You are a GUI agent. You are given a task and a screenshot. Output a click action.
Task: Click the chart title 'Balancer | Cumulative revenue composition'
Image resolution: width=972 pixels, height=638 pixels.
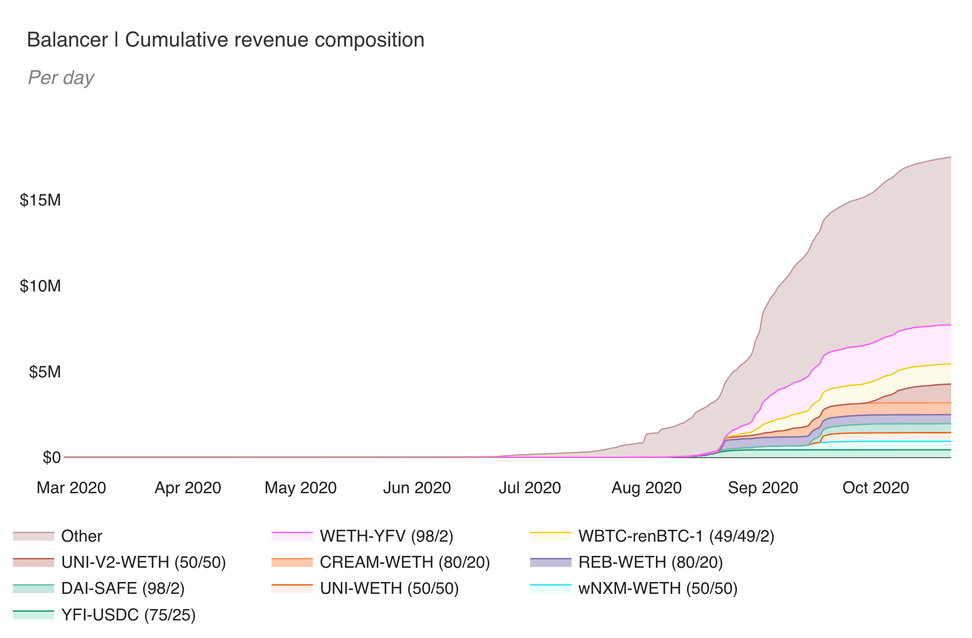[x=225, y=40]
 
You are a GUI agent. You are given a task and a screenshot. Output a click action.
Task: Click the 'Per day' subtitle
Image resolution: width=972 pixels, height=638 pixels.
[x=61, y=77]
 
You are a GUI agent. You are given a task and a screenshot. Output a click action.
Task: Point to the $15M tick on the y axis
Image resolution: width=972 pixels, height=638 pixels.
[x=40, y=200]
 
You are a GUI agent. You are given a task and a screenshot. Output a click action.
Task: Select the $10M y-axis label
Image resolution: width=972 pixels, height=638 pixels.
[x=40, y=286]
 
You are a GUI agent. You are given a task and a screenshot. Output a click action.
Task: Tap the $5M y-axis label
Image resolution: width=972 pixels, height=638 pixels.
[x=45, y=372]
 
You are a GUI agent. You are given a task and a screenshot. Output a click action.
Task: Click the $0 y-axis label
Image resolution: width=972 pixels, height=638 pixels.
[x=52, y=457]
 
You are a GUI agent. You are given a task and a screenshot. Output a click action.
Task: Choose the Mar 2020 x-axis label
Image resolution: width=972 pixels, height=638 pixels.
[x=71, y=488]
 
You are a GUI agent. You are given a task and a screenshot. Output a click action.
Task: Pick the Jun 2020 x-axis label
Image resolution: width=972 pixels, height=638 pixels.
[x=417, y=488]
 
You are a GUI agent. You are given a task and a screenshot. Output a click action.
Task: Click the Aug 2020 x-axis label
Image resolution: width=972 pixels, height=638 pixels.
[x=646, y=488]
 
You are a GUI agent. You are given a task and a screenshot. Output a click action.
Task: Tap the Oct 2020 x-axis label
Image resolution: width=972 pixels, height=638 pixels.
[x=876, y=488]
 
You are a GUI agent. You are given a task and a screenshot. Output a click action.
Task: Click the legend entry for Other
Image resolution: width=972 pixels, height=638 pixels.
[x=81, y=536]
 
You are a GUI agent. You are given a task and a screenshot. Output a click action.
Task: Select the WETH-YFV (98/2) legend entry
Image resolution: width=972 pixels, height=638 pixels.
[x=386, y=536]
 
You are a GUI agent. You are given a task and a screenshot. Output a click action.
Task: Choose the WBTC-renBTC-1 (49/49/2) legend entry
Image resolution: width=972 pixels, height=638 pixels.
[x=676, y=536]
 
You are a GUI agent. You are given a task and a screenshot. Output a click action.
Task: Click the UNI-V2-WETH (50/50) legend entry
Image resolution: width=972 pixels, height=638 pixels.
[x=143, y=562]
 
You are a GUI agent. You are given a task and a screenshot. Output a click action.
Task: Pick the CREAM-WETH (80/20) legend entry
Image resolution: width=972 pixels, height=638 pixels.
[x=404, y=562]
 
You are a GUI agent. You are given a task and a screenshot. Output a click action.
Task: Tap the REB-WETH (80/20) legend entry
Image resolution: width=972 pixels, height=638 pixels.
[x=650, y=562]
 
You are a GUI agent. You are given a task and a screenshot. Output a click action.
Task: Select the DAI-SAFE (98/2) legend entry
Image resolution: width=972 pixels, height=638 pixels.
[x=122, y=588]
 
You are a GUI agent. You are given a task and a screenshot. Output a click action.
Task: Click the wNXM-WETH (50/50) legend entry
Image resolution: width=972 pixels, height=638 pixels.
[x=658, y=588]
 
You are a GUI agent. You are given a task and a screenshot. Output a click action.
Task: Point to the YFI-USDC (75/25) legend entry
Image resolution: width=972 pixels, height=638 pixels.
[x=128, y=615]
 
